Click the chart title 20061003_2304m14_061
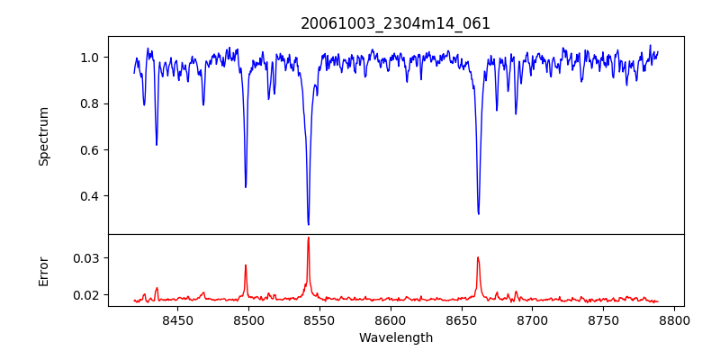click(395, 23)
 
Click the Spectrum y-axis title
click(44, 136)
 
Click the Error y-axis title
click(44, 270)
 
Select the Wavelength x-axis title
click(395, 338)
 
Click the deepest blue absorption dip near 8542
click(308, 224)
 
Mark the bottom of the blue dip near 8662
click(478, 213)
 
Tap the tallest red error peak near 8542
click(308, 238)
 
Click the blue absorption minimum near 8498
click(246, 186)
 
